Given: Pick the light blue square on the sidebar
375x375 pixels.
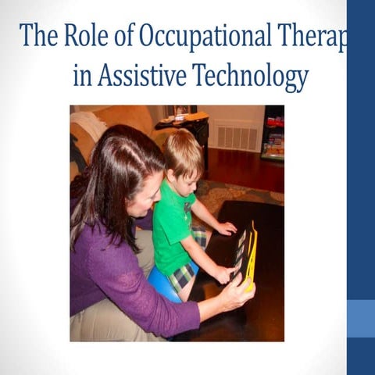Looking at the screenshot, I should click(x=360, y=318).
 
